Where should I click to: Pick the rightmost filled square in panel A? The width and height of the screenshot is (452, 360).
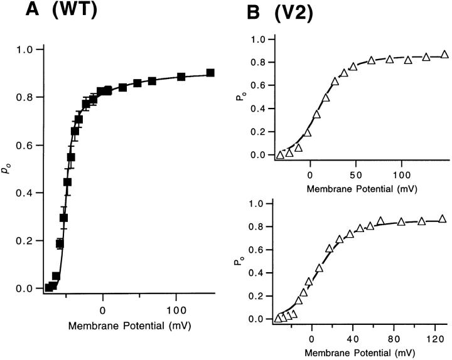210,73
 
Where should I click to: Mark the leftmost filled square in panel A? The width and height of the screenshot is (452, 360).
49,287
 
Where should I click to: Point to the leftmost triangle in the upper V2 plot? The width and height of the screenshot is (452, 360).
281,155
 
